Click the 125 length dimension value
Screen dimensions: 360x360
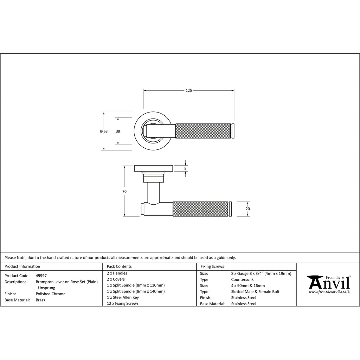point(189,90)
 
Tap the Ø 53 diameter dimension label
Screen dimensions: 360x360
point(104,131)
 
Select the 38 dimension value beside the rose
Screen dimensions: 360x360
point(118,131)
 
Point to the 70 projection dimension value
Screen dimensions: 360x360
point(124,192)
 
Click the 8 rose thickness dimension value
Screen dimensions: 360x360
point(185,168)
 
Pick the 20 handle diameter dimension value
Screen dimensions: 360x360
point(248,209)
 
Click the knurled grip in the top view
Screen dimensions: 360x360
point(203,131)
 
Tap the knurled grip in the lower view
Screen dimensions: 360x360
point(200,209)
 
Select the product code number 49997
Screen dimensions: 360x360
point(41,276)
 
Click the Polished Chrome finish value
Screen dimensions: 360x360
point(51,294)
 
